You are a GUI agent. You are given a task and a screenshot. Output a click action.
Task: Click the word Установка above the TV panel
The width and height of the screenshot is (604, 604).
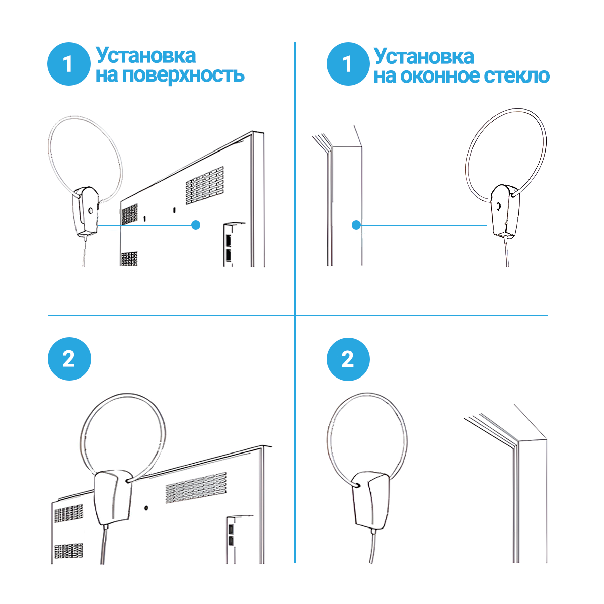click(x=146, y=56)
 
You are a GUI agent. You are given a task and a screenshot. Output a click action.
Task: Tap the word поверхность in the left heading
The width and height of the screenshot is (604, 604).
click(x=183, y=75)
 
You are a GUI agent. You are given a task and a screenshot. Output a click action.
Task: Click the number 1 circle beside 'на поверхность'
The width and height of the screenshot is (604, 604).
click(x=69, y=64)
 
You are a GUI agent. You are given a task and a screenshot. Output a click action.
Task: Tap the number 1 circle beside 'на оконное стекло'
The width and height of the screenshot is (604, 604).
click(x=348, y=64)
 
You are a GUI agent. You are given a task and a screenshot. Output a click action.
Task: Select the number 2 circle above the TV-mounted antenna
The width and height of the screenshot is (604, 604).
click(x=69, y=359)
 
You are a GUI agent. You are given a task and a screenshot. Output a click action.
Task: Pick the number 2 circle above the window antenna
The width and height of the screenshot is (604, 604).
click(x=348, y=359)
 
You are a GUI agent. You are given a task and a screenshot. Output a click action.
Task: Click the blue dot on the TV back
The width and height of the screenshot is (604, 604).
click(x=196, y=225)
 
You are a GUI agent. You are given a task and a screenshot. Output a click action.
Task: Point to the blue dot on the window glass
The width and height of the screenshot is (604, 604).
click(x=356, y=225)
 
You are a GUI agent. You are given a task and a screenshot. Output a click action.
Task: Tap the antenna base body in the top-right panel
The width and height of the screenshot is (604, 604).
click(x=504, y=210)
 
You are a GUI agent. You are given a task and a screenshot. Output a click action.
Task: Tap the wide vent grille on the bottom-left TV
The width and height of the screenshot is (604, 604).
click(x=196, y=488)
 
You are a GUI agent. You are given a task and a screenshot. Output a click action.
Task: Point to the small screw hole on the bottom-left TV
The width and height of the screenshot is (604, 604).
click(x=146, y=508)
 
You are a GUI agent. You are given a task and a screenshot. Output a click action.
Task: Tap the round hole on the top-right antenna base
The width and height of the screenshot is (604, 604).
click(x=498, y=206)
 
